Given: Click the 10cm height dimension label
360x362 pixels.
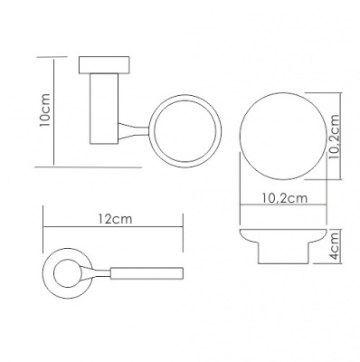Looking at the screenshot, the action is (45, 110).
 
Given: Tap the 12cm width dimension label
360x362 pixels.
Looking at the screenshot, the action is (115, 219).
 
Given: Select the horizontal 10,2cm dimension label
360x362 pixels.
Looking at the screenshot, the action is (285, 198).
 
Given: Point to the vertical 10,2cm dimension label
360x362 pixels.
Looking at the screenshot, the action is (335, 138).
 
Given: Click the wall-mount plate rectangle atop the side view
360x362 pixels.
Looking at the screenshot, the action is (104, 65).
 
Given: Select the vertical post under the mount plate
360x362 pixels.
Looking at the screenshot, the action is (104, 109).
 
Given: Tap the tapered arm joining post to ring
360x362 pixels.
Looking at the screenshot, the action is (134, 131).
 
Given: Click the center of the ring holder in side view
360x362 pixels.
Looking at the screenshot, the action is (185, 131).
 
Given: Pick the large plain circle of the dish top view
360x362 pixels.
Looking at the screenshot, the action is (283, 137).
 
